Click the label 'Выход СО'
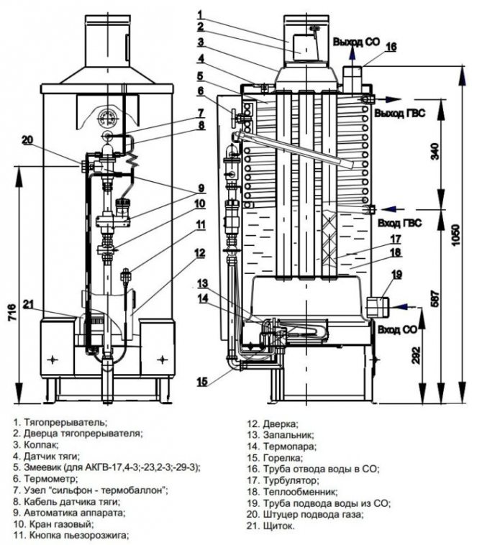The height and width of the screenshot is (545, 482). [355, 42]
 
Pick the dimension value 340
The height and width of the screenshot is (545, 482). [432, 151]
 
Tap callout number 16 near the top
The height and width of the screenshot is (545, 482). [391, 47]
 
